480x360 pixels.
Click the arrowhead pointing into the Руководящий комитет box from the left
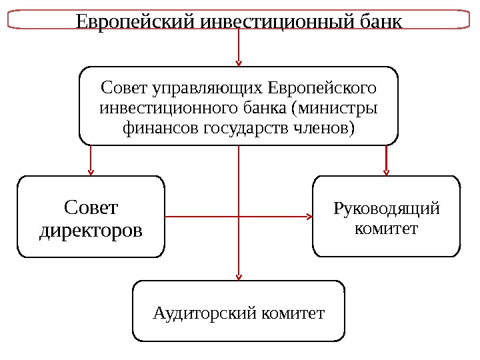(x=309, y=217)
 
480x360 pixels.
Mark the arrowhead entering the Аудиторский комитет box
(x=239, y=277)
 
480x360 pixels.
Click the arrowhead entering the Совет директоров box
(x=91, y=172)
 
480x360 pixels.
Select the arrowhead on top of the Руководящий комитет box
(x=386, y=172)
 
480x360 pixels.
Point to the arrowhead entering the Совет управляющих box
(x=239, y=63)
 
